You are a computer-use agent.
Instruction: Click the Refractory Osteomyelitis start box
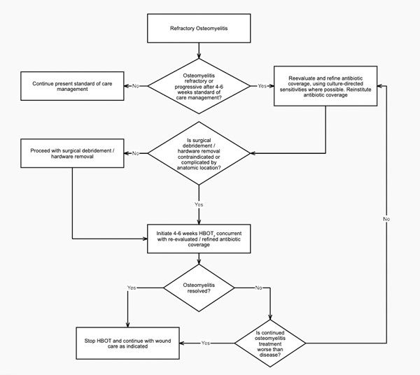pos(199,29)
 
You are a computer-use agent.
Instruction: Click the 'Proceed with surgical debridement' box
pos(73,153)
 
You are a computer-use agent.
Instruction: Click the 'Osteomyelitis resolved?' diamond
pos(199,286)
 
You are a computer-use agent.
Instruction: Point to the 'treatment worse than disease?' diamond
pos(271,342)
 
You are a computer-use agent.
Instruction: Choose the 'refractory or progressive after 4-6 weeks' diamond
pos(199,85)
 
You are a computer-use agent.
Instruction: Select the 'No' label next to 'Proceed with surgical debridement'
pos(135,153)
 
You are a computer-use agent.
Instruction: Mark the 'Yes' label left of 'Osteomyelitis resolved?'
pos(132,288)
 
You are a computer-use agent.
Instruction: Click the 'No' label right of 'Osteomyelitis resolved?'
pos(258,288)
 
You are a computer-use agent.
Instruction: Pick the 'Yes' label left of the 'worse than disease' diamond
pos(206,343)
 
